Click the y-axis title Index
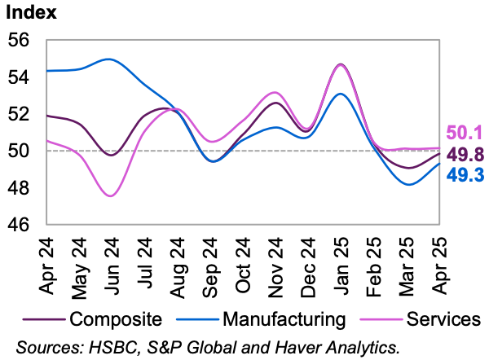point(30,12)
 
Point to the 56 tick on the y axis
point(19,40)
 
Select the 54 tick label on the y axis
point(19,77)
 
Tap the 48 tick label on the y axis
point(19,188)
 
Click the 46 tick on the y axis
point(19,225)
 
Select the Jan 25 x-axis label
point(340,261)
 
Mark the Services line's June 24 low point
point(110,195)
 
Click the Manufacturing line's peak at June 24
point(109,59)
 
